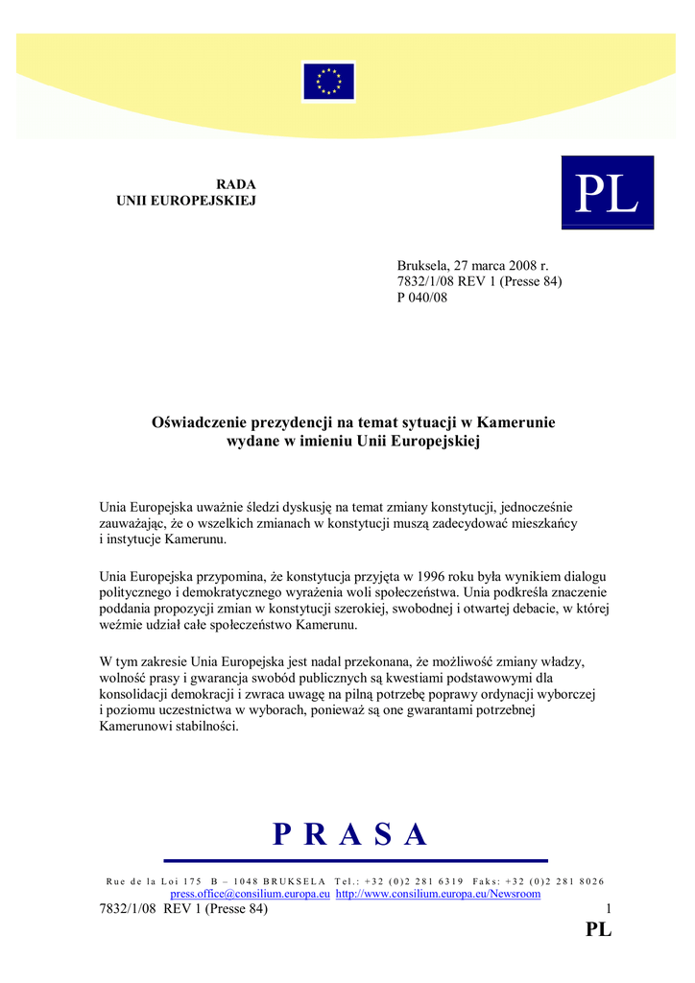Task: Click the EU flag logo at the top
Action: click(x=328, y=82)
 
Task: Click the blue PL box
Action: click(x=607, y=193)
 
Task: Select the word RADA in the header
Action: click(x=236, y=184)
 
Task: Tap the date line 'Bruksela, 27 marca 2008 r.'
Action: click(x=472, y=265)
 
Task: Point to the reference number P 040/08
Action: click(x=422, y=298)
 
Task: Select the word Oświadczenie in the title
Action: click(x=200, y=422)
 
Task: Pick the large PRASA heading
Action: click(x=349, y=835)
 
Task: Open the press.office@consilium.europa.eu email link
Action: click(x=251, y=894)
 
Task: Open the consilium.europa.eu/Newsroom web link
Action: click(x=438, y=894)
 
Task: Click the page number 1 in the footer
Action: click(x=609, y=909)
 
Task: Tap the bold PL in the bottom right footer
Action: click(x=598, y=929)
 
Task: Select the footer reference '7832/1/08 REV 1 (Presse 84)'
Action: click(x=183, y=909)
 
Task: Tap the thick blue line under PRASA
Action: click(x=355, y=860)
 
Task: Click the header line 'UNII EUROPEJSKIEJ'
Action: click(x=186, y=201)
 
